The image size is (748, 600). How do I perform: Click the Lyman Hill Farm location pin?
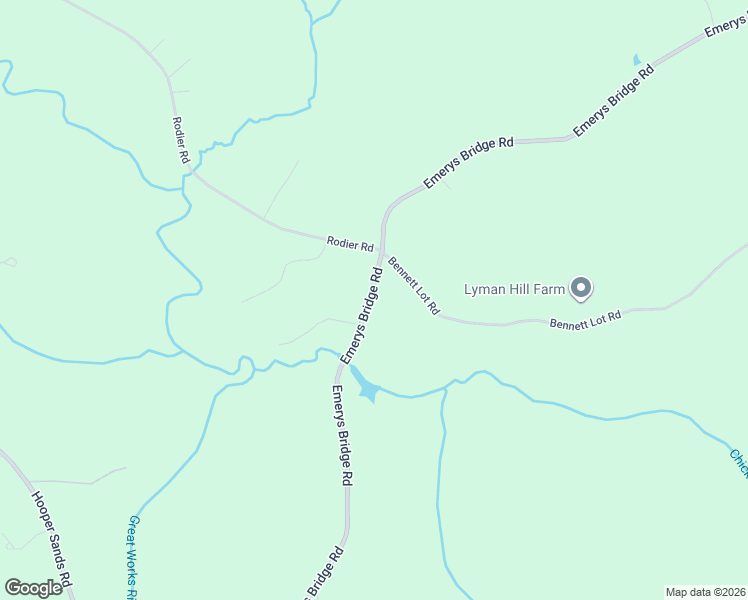(x=581, y=289)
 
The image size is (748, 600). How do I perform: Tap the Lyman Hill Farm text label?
(x=514, y=290)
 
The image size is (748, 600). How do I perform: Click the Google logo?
(x=33, y=588)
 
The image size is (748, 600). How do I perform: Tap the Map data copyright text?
(x=705, y=592)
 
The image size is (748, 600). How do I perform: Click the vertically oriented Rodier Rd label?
(x=182, y=139)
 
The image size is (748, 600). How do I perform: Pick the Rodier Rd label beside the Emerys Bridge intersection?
(x=349, y=242)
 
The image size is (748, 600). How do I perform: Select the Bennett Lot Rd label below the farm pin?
(x=585, y=320)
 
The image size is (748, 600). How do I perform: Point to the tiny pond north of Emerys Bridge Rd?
(x=637, y=61)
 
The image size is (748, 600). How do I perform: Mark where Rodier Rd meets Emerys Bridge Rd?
(x=377, y=251)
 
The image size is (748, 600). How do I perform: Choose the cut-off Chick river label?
(x=738, y=462)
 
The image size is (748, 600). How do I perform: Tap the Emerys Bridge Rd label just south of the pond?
(x=342, y=435)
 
